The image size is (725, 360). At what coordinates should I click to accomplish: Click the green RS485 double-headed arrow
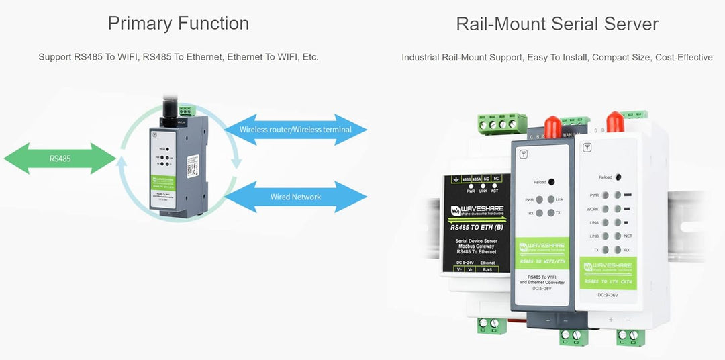coord(60,159)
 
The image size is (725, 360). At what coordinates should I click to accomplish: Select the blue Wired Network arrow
coord(295,197)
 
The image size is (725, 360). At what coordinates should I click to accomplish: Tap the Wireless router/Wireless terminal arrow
coord(295,129)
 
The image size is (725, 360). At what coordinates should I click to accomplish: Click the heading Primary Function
coord(178,24)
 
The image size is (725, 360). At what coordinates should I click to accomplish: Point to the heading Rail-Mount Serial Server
coord(557,24)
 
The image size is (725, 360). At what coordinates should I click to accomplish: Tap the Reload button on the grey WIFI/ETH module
coord(550,182)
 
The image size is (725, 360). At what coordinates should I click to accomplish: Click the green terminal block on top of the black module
coord(501,124)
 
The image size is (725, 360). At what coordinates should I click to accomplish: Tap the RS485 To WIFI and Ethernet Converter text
coord(543,279)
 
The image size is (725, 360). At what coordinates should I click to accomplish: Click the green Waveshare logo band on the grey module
coord(543,251)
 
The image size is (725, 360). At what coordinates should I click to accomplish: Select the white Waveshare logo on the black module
coord(477,210)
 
